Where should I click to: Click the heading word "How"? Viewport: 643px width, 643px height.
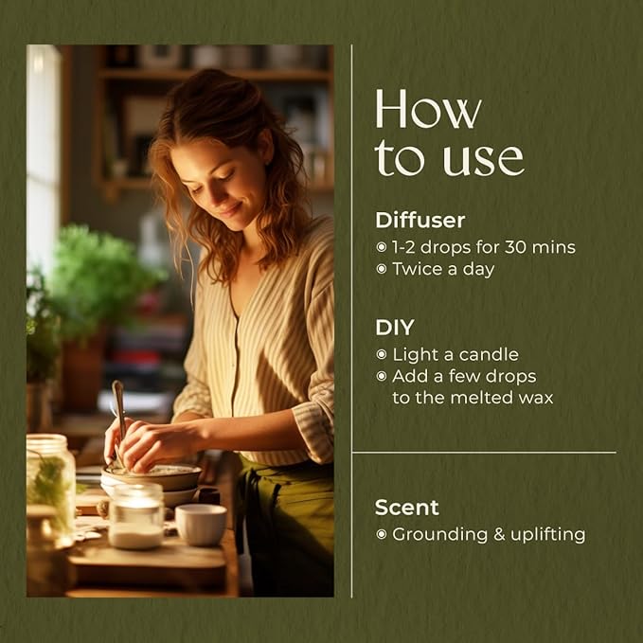428,109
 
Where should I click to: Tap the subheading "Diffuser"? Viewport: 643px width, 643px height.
420,221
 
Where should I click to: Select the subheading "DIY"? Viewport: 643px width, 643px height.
395,328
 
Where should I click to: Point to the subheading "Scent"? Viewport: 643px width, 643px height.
406,508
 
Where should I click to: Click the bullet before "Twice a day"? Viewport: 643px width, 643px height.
382,269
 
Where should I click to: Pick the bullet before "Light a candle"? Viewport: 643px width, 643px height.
382,354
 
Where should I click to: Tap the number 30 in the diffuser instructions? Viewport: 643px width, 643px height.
515,247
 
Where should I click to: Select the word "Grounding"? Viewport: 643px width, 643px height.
439,535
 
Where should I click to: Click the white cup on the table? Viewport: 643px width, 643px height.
201,525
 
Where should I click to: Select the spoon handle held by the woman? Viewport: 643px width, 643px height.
119,410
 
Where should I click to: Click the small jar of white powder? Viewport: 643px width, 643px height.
136,516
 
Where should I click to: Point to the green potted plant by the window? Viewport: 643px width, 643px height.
98,283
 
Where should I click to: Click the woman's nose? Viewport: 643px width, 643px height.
212,195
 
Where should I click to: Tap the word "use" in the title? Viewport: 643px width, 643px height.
484,159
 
